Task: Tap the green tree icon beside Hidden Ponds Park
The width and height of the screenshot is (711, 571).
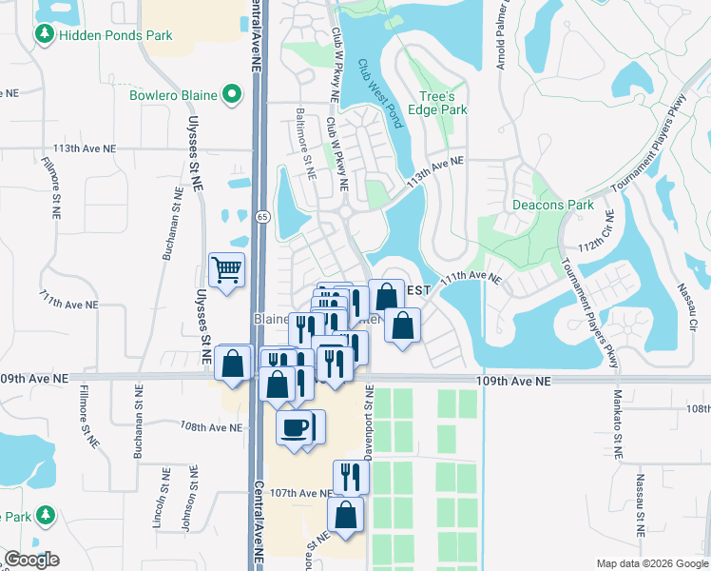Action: tap(44, 34)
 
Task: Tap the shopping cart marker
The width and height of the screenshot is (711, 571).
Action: tap(227, 270)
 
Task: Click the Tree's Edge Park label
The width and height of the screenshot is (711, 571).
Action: tap(444, 103)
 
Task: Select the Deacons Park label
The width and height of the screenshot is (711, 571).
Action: tap(552, 205)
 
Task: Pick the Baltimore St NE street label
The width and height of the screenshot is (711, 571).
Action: tap(309, 160)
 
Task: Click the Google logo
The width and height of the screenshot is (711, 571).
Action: tap(31, 560)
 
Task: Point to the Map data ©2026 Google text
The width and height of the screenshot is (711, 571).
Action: tap(651, 563)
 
